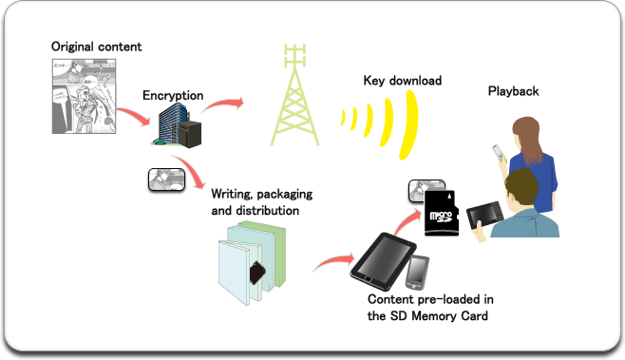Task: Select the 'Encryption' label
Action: click(x=174, y=96)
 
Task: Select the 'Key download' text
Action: click(x=402, y=81)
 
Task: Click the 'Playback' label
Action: click(x=513, y=91)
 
